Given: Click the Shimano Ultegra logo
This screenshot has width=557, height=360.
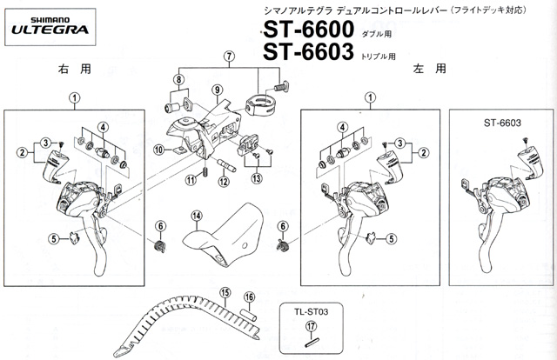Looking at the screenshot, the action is (50, 27).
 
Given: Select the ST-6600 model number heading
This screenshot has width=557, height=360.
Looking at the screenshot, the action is (308, 29).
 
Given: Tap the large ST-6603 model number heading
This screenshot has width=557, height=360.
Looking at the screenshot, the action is (308, 52).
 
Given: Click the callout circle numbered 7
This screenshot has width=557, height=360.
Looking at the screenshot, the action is (229, 57).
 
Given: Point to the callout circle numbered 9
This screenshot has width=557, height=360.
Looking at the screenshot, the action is (218, 90).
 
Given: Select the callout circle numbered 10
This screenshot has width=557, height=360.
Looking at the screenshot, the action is (158, 150).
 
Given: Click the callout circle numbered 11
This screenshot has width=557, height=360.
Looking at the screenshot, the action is (191, 180).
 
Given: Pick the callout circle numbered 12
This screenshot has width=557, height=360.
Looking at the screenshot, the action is (224, 182).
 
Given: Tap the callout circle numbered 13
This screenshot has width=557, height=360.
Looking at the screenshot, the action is (257, 178).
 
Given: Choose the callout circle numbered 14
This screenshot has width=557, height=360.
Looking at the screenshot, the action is (197, 216).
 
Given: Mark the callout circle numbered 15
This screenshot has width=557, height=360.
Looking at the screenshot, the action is (225, 292).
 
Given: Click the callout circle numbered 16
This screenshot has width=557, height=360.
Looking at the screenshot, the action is (250, 297).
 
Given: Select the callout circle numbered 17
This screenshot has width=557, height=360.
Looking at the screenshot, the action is (312, 326).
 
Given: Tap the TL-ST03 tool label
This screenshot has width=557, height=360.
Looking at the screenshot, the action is (312, 312).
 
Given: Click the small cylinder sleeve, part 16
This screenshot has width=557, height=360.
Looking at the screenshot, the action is (249, 316).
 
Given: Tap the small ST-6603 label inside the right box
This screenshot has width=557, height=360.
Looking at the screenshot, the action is (502, 123).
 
